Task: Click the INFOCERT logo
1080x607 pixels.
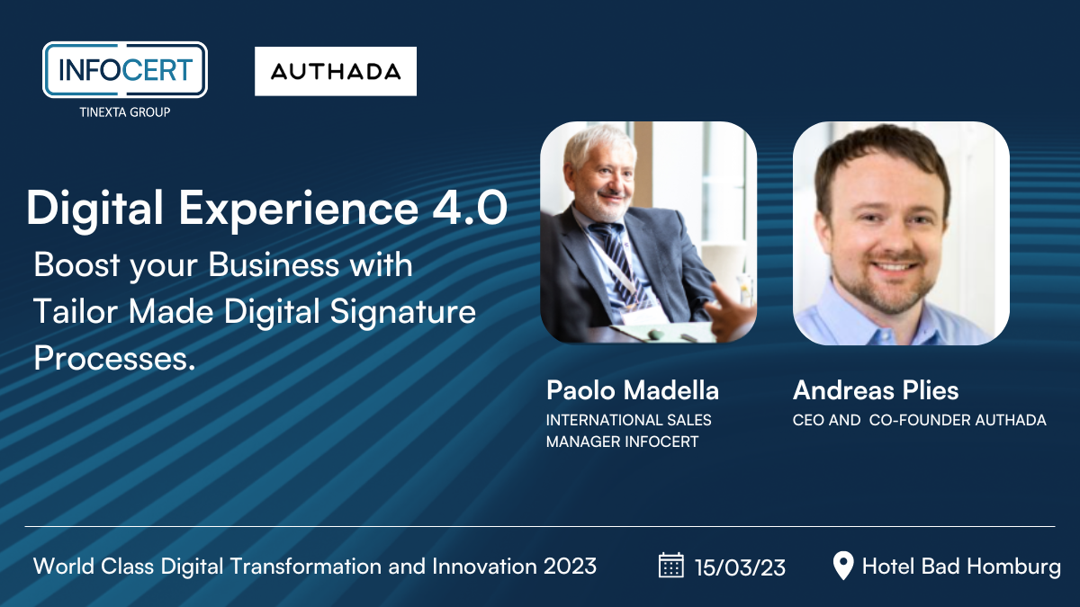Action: (125, 70)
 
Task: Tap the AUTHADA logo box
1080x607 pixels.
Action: (336, 71)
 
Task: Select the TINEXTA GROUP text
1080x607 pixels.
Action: (125, 112)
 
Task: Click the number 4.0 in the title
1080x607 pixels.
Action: (470, 208)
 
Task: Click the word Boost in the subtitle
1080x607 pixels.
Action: (76, 265)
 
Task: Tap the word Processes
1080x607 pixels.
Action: (115, 359)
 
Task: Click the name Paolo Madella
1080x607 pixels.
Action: (633, 389)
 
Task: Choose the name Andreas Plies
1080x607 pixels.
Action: (876, 389)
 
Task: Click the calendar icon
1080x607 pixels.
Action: (671, 565)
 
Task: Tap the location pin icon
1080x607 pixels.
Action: (843, 566)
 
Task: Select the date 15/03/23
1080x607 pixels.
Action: (740, 567)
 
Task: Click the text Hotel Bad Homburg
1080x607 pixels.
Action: (961, 567)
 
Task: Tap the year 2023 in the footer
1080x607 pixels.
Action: (570, 567)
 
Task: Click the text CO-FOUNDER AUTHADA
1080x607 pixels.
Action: (958, 420)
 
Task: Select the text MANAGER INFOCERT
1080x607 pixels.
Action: (622, 442)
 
